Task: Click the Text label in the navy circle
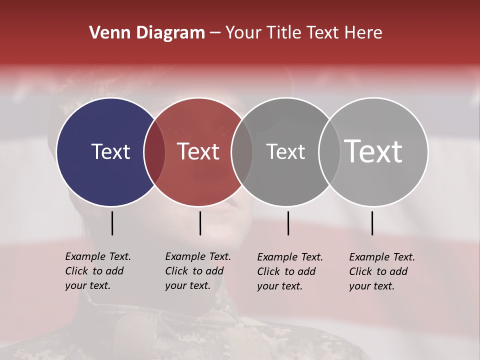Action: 110,151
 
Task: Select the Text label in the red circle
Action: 198,151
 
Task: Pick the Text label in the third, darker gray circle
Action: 285,151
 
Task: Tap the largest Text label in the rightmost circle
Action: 373,151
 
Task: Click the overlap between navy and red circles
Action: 154,152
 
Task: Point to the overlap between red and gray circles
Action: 242,152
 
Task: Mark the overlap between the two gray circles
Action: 329,152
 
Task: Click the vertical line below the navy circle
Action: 112,223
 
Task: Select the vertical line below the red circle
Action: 200,223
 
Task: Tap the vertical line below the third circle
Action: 288,223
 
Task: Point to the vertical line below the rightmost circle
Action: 372,223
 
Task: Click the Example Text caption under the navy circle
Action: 97,271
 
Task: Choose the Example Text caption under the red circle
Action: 197,271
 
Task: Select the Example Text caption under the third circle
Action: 289,271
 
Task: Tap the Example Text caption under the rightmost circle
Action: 381,271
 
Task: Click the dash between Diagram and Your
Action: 215,33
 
